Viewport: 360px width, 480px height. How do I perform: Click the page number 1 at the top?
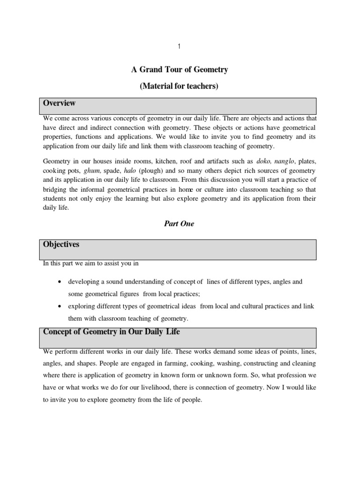click(x=179, y=46)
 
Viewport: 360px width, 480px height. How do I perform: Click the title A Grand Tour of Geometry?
click(x=179, y=70)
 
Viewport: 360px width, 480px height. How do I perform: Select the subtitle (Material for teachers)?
click(x=179, y=86)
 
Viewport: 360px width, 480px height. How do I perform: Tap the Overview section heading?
click(x=59, y=103)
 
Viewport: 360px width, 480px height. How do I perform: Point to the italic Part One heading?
click(x=179, y=224)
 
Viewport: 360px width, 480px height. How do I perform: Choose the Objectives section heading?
click(x=61, y=245)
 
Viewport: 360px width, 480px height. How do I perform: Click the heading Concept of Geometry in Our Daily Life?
click(x=111, y=332)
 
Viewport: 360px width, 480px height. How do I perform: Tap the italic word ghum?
click(x=92, y=171)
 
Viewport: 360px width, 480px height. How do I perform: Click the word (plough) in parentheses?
click(x=152, y=171)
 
